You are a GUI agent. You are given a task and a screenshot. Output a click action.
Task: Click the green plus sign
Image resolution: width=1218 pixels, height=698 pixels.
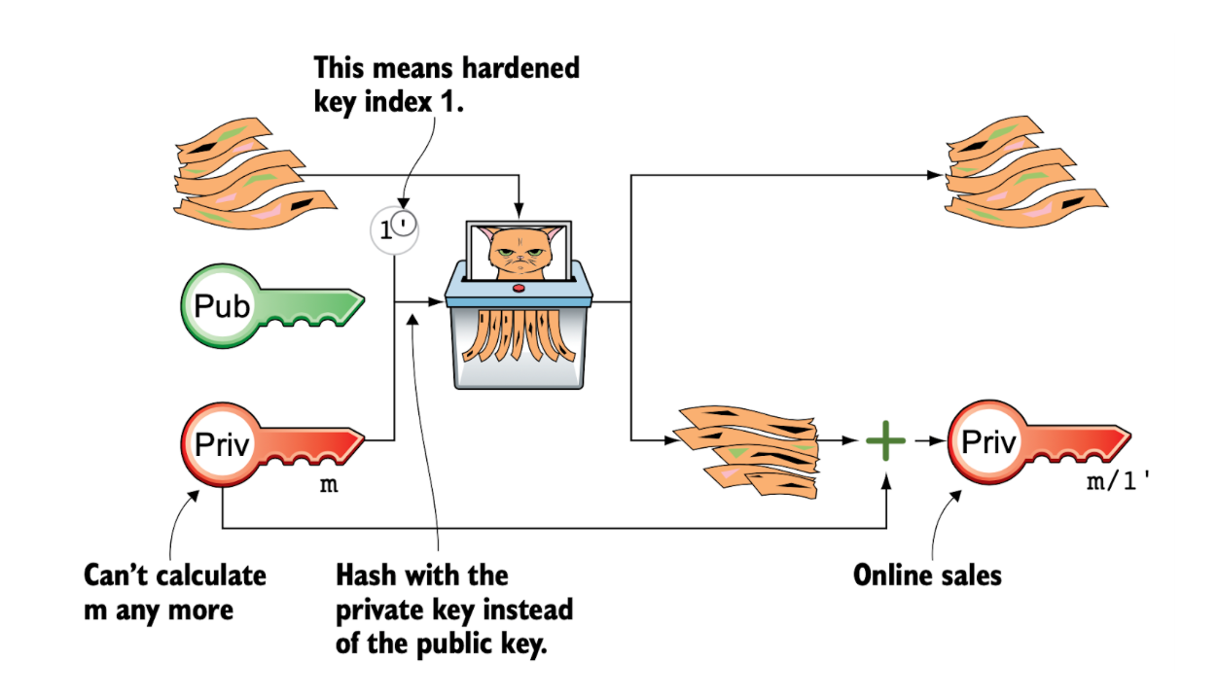coord(885,441)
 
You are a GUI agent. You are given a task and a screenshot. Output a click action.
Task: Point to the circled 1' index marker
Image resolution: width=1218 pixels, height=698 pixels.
coord(394,230)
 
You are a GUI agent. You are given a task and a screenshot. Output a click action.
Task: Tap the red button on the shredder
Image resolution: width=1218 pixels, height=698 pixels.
coord(518,288)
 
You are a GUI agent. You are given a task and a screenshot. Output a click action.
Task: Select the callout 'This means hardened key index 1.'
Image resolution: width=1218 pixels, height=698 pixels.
coord(446,84)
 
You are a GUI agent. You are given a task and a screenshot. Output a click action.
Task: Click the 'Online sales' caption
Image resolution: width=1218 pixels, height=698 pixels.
coord(926,576)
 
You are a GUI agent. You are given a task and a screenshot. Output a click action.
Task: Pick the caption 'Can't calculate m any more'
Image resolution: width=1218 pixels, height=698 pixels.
coord(174,592)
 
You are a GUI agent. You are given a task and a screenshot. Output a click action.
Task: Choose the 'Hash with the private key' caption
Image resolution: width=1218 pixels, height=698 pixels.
coord(453,610)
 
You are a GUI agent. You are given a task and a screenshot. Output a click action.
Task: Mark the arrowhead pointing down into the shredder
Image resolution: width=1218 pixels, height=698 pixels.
coord(519,209)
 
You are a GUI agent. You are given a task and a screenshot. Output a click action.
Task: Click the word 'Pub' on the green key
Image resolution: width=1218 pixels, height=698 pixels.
coord(223,306)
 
